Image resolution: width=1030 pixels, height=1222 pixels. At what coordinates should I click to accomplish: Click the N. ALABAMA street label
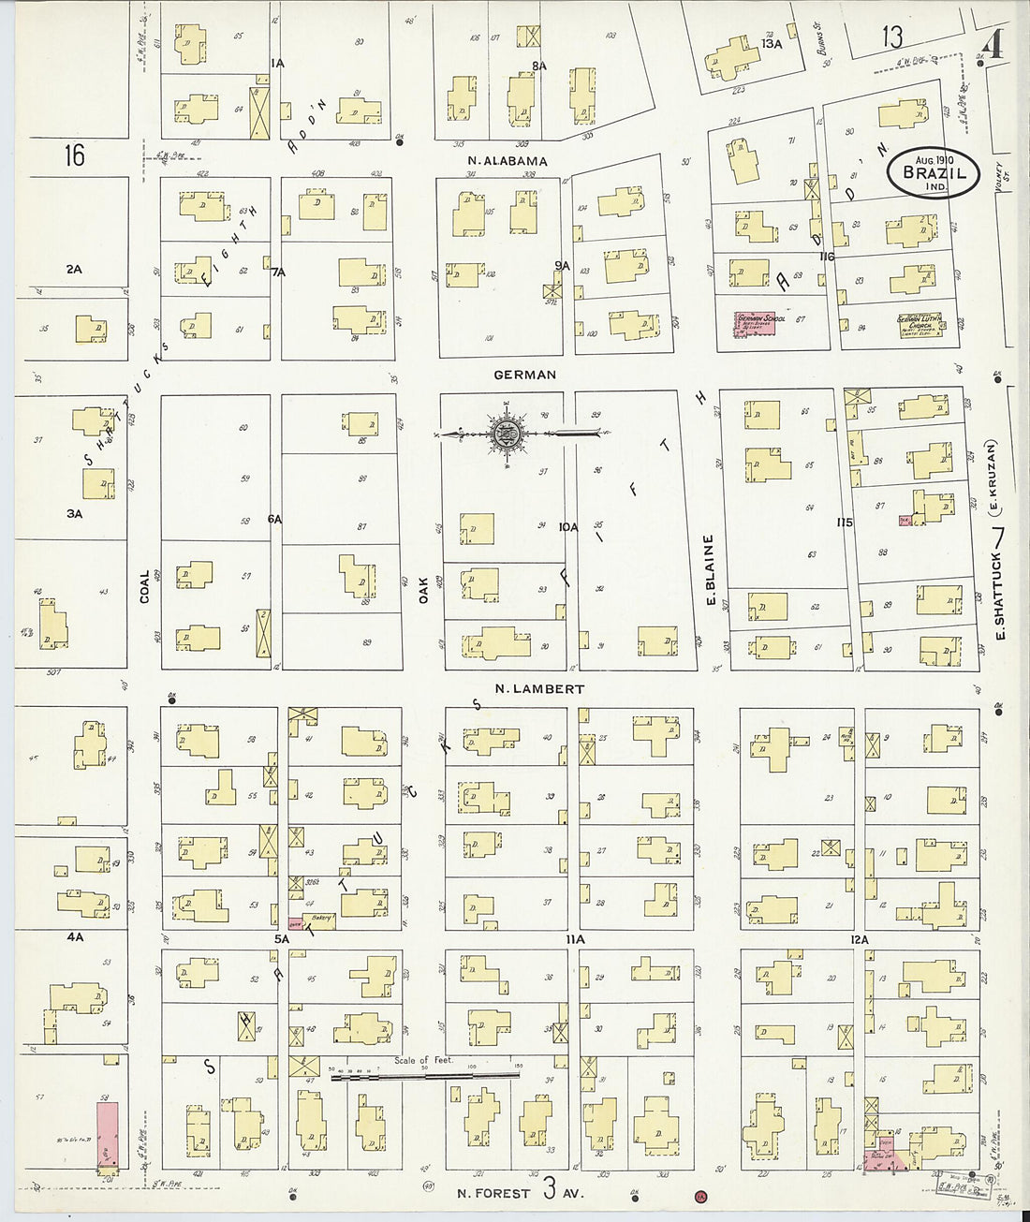tap(508, 161)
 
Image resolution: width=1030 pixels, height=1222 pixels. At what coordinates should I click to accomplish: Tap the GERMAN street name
tap(525, 375)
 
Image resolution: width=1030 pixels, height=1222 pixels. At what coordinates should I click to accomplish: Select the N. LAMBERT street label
tap(539, 689)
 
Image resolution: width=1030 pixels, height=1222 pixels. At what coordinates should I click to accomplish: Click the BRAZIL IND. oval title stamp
tap(933, 173)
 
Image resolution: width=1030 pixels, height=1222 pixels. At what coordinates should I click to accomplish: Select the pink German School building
tap(759, 325)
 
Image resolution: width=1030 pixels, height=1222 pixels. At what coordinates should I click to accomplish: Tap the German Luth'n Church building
tap(920, 323)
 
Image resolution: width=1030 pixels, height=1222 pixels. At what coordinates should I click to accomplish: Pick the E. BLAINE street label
tap(709, 569)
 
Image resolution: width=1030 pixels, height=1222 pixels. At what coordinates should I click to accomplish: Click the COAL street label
tap(144, 586)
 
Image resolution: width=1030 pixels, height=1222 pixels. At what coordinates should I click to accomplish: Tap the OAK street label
tap(422, 588)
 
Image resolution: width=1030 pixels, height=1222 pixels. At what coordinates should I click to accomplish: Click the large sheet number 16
tap(74, 155)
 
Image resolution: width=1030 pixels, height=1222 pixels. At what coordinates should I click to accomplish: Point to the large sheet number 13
tap(891, 37)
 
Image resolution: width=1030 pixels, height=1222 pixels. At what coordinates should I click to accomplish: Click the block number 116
tap(826, 257)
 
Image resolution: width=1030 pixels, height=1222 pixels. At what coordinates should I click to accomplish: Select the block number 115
tap(845, 523)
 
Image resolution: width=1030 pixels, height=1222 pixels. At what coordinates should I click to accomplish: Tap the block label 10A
tap(568, 527)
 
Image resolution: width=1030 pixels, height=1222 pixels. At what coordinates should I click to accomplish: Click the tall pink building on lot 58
tap(108, 1135)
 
